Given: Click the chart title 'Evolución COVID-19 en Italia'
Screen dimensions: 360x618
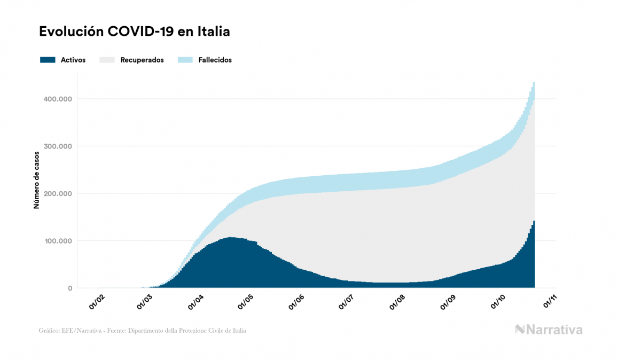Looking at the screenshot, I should pyautogui.click(x=135, y=32).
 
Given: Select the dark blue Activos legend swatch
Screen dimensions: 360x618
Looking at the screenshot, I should pyautogui.click(x=48, y=60).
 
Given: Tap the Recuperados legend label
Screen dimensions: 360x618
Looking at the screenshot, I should pyautogui.click(x=142, y=60).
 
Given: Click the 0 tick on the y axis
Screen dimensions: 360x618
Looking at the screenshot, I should pyautogui.click(x=70, y=288).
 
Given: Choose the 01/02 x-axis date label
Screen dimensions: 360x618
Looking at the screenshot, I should pyautogui.click(x=97, y=302).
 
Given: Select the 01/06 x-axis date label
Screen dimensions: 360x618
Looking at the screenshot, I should pyautogui.click(x=297, y=302).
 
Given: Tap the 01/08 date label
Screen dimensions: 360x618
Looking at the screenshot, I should pyautogui.click(x=398, y=302).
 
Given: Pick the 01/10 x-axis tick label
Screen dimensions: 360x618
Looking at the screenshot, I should pyautogui.click(x=498, y=302).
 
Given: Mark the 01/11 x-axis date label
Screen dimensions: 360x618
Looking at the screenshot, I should pyautogui.click(x=550, y=302).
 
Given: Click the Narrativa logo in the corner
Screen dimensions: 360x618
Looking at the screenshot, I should pyautogui.click(x=549, y=330).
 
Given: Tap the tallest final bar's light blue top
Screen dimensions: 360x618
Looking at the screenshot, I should pyautogui.click(x=534, y=88).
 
